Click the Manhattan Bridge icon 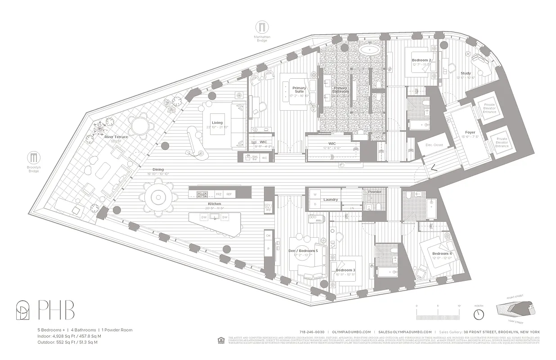(x=261, y=27)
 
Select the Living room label (x=218, y=122)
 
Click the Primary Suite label (x=299, y=90)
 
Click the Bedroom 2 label (x=421, y=60)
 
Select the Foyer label (x=470, y=132)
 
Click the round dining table (x=158, y=196)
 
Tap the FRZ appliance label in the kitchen (x=219, y=194)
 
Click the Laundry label (x=331, y=199)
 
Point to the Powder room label (x=375, y=192)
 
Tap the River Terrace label (x=116, y=137)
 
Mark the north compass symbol (x=479, y=313)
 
